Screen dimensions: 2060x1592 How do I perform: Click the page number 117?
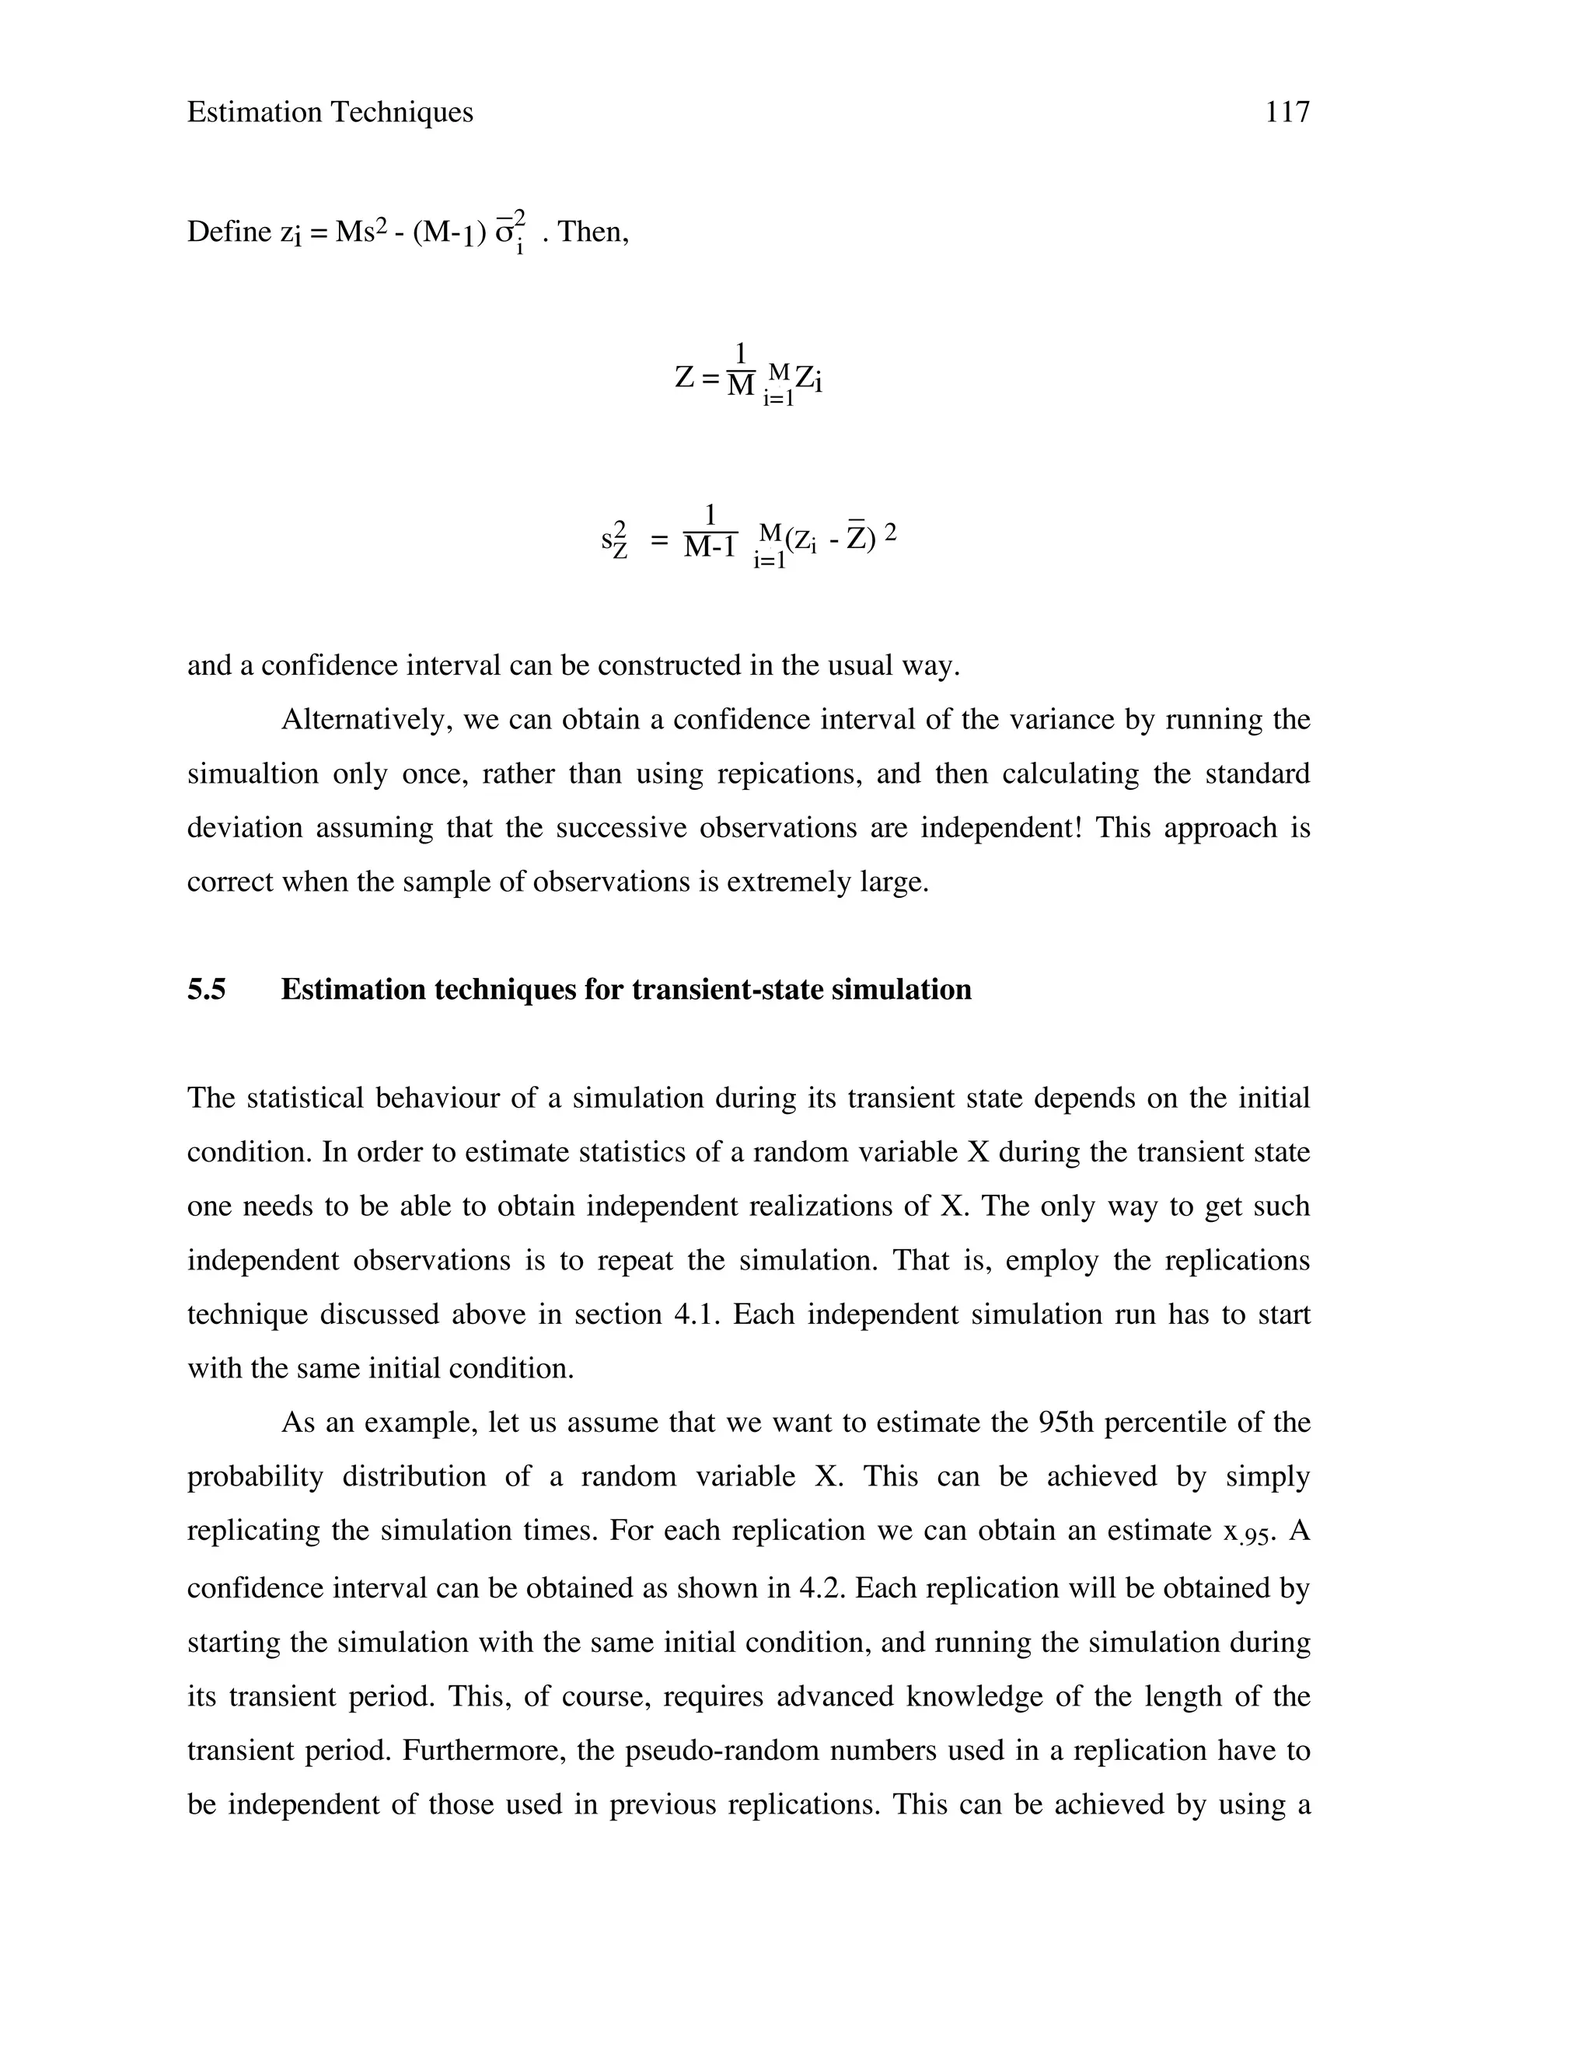click(1287, 112)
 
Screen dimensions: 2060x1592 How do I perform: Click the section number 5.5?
click(207, 990)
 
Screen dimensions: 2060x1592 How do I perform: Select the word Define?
click(229, 231)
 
